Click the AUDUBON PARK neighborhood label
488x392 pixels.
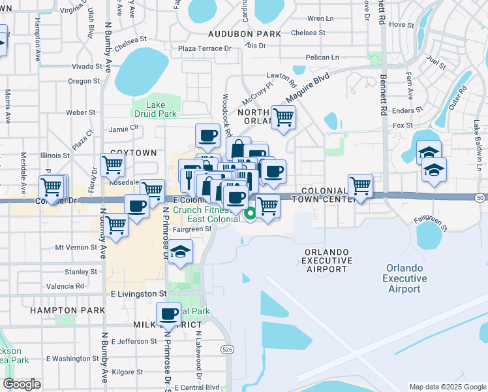pyautogui.click(x=244, y=34)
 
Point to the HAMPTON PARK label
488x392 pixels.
pyautogui.click(x=68, y=310)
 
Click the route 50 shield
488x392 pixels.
pyautogui.click(x=480, y=197)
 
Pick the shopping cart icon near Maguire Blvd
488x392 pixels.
pyautogui.click(x=283, y=118)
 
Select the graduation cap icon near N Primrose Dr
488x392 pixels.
pyautogui.click(x=180, y=252)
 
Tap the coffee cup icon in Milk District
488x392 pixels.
pyautogui.click(x=168, y=314)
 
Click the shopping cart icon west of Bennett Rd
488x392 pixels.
pyautogui.click(x=360, y=186)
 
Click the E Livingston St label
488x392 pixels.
pyautogui.click(x=138, y=295)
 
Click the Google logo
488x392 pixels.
pyautogui.click(x=22, y=384)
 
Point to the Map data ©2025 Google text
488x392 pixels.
pyautogui.click(x=446, y=387)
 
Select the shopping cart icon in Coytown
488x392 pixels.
pyautogui.click(x=112, y=166)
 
